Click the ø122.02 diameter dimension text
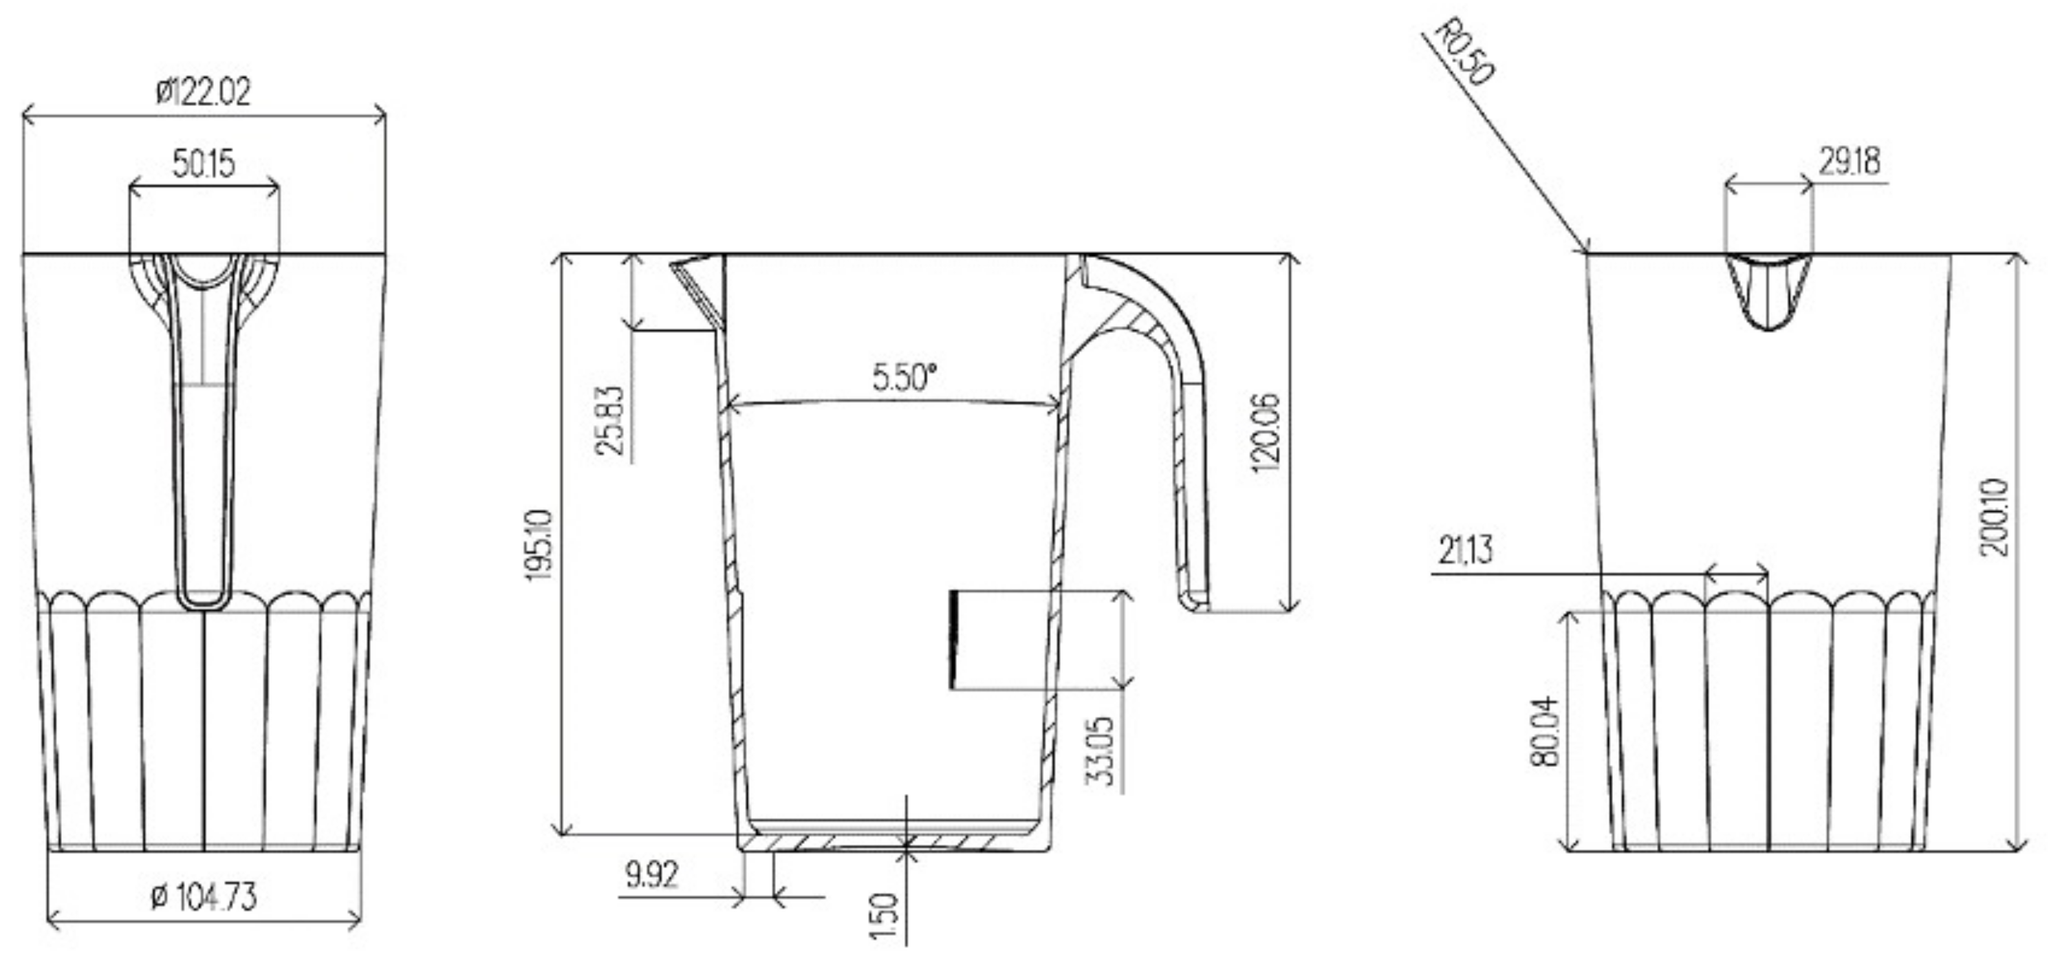click(204, 91)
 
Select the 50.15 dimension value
click(204, 164)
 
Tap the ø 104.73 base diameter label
click(204, 897)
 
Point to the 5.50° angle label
click(904, 377)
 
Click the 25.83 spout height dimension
click(610, 420)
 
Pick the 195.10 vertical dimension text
click(539, 546)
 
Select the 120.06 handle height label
click(1266, 433)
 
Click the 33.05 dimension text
click(1100, 751)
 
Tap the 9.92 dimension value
click(651, 876)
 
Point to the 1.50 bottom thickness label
click(885, 917)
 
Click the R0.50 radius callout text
click(1464, 52)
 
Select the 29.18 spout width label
click(1850, 162)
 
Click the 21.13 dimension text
click(1466, 550)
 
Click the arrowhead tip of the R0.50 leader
click(1587, 252)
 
